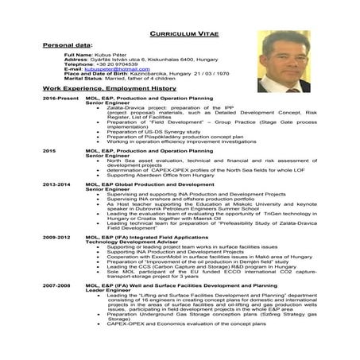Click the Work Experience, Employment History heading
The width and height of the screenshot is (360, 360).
point(110,87)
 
